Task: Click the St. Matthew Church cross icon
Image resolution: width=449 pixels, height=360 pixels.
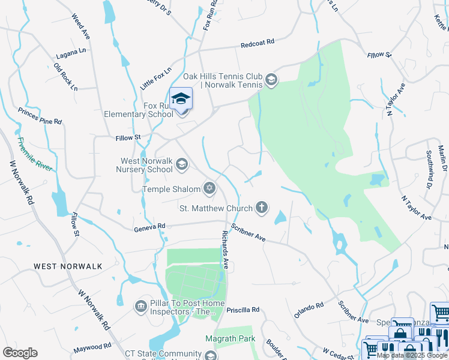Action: coord(261,208)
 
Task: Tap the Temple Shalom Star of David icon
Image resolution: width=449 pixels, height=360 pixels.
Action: coord(209,189)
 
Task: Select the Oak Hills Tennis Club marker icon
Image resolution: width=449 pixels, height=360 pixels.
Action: coord(271,80)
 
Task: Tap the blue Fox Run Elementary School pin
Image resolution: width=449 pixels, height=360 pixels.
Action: coord(181,99)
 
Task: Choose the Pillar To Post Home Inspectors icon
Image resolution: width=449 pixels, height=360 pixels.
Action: coord(141,307)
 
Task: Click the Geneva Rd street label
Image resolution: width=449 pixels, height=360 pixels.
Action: coord(149,227)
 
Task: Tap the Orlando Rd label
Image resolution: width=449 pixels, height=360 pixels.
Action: coord(309,311)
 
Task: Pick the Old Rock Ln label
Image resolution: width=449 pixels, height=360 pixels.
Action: coord(65,77)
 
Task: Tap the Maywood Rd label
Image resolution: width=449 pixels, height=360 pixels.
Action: coord(92,347)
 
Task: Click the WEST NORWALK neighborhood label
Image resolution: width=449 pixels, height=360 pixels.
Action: coord(68,266)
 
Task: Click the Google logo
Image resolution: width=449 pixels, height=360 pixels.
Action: coord(20,353)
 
